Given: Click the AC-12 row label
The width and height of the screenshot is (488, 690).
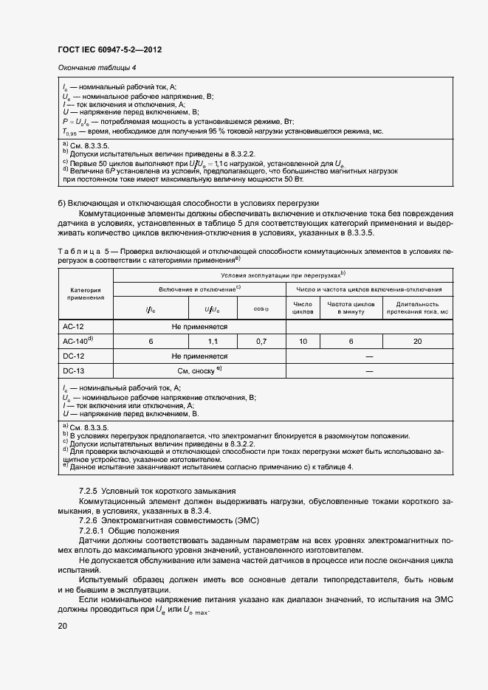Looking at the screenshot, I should (x=75, y=325).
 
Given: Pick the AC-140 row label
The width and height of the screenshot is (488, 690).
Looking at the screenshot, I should (x=78, y=341).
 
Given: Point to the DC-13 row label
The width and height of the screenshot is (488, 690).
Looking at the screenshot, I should (x=75, y=370).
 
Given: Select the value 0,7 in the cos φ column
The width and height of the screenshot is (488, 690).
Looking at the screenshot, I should (x=261, y=341).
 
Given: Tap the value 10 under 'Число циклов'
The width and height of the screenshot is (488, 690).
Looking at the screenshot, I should (x=303, y=341).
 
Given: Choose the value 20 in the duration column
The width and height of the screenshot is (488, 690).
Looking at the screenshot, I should (x=417, y=341).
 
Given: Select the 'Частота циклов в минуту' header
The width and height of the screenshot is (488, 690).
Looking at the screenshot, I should (x=351, y=308).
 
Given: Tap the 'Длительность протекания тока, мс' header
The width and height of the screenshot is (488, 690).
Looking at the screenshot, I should (x=417, y=308).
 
